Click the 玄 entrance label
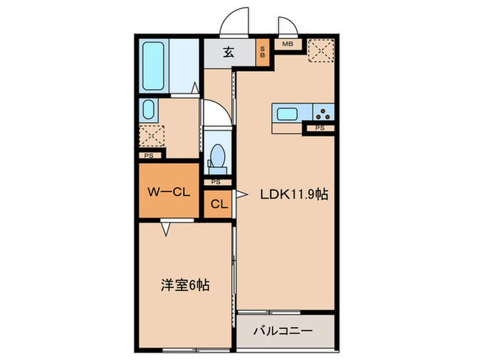[228, 51]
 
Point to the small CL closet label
[219, 204]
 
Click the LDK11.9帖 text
[293, 194]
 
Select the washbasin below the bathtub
[147, 110]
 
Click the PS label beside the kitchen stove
[320, 128]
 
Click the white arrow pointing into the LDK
[241, 195]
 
